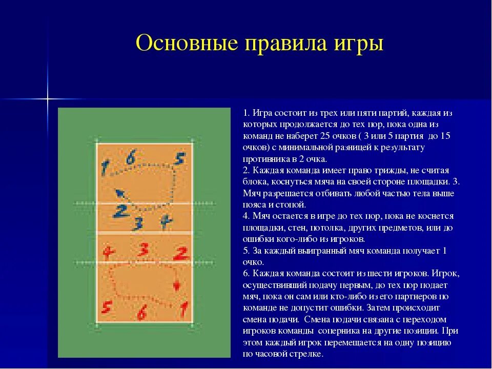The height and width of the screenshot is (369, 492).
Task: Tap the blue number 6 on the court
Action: [x=131, y=159]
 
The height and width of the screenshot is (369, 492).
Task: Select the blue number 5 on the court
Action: [x=178, y=158]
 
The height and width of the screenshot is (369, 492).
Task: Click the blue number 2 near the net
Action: [x=121, y=211]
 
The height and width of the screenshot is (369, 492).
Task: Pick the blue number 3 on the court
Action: [x=137, y=223]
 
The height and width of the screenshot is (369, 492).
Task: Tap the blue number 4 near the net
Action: [x=165, y=221]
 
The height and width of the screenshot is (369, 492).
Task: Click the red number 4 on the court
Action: [x=107, y=252]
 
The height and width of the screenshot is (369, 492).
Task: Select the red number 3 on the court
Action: [x=143, y=250]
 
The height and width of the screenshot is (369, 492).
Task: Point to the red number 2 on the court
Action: [x=180, y=253]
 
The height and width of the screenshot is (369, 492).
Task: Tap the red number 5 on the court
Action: [x=107, y=307]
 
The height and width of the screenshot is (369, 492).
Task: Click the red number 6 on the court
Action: [x=142, y=311]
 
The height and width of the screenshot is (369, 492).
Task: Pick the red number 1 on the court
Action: [x=182, y=308]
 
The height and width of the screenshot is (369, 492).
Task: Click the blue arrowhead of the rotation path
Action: [x=119, y=193]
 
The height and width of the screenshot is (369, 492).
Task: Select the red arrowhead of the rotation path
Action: [x=177, y=285]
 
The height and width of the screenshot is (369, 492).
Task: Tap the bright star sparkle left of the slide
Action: [x=48, y=97]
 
